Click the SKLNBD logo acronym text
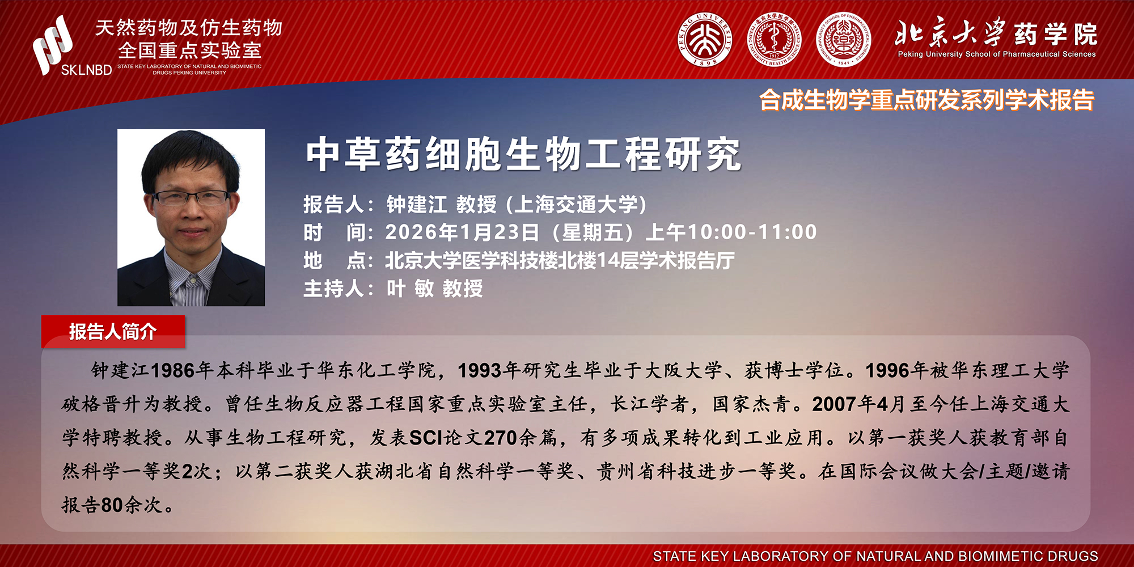[86, 70]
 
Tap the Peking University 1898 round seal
[705, 40]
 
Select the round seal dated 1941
[844, 40]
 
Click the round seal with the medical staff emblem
[775, 40]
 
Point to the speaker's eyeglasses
[191, 198]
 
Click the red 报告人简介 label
[113, 332]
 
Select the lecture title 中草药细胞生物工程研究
[523, 154]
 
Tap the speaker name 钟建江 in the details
[417, 205]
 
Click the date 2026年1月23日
[462, 232]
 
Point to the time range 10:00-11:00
[752, 232]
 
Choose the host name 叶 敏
[410, 289]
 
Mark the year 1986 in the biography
[174, 371]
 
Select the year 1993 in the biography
[480, 371]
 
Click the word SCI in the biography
[426, 438]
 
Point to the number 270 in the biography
[501, 438]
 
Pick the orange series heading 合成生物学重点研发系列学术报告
[926, 100]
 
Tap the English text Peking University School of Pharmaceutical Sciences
[997, 54]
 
